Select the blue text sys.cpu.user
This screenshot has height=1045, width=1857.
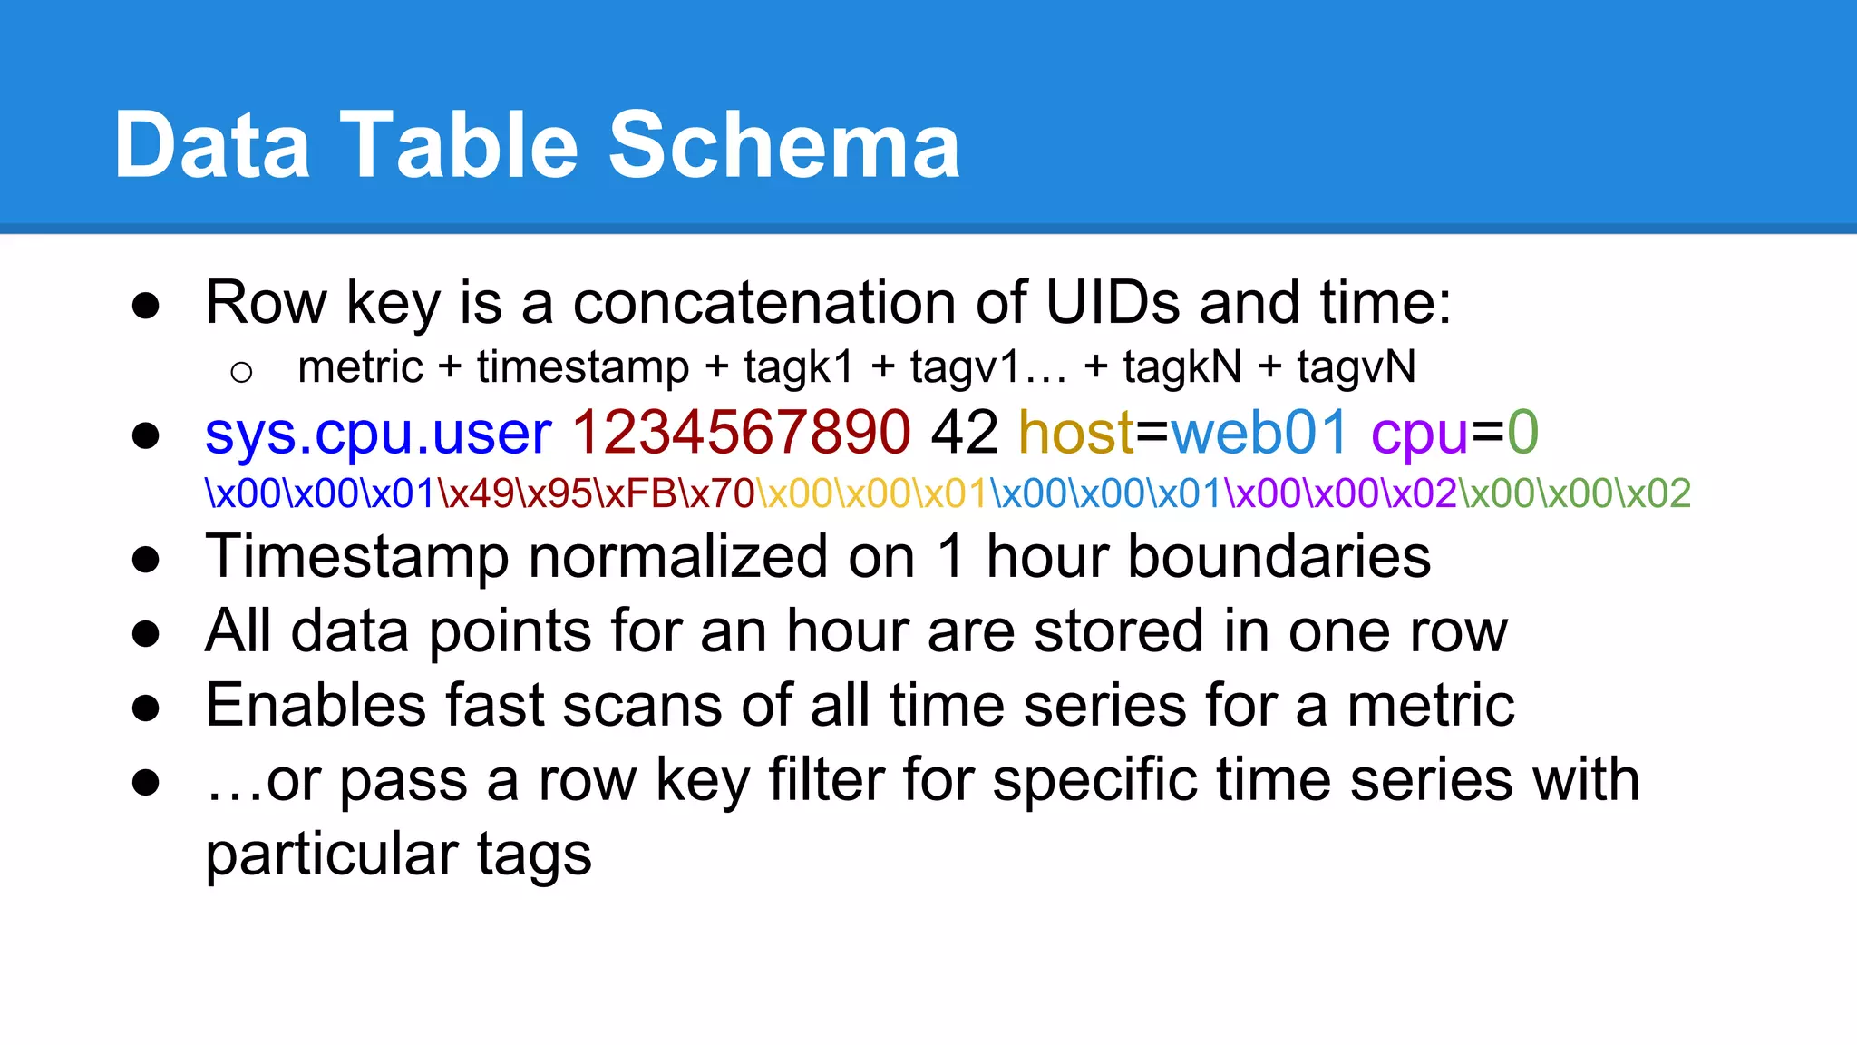click(378, 433)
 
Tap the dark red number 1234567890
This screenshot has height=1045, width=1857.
click(740, 433)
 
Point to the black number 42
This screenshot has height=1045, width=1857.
click(964, 433)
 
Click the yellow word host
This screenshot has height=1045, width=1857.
click(1075, 433)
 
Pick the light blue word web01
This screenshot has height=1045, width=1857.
click(1259, 433)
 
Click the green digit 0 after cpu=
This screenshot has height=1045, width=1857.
click(1522, 433)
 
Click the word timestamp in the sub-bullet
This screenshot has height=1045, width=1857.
click(583, 368)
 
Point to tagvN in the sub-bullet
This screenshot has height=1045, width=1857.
click(1356, 368)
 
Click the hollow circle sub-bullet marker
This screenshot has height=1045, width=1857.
click(241, 372)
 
